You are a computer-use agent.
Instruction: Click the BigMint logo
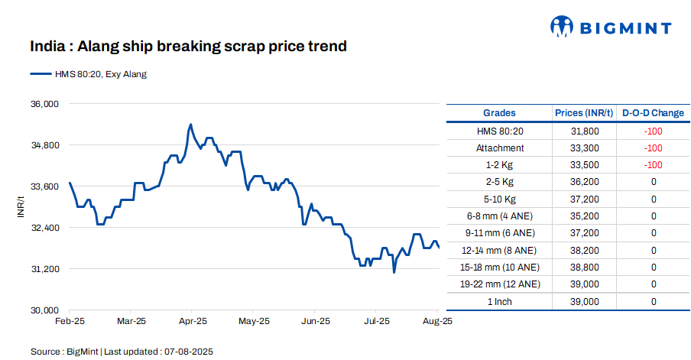point(611,28)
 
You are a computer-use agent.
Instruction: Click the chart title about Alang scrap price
point(188,47)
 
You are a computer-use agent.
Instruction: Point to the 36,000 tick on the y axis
point(43,104)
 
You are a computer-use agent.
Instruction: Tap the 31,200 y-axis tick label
point(43,269)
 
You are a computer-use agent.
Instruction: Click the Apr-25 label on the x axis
point(192,323)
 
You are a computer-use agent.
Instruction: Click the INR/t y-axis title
point(21,206)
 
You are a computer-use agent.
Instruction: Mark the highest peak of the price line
point(190,124)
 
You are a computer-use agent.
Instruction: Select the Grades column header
point(499,113)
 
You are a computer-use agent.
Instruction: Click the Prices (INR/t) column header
point(585,113)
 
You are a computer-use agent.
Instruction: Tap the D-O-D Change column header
point(653,113)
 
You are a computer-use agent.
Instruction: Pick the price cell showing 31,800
point(585,131)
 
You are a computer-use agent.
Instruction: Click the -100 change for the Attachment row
point(653,148)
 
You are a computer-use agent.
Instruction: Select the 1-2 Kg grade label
point(500,165)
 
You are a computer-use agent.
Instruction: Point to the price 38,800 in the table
point(585,268)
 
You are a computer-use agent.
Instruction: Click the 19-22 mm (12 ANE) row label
point(500,284)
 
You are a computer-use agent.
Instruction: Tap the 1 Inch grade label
point(500,301)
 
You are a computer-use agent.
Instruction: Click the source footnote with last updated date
point(122,352)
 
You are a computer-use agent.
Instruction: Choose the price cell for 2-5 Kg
point(585,182)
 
